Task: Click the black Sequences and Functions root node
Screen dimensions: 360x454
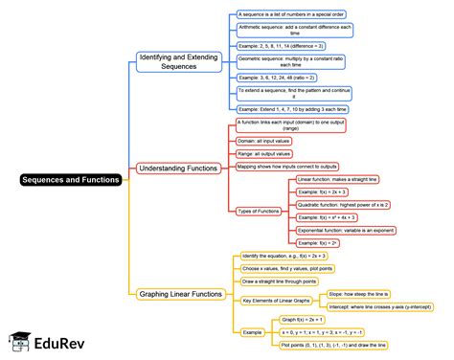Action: (x=73, y=180)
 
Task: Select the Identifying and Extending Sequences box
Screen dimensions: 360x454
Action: (x=179, y=61)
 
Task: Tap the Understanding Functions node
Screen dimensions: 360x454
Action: (x=179, y=168)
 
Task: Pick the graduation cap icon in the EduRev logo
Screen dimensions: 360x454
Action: (x=18, y=342)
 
